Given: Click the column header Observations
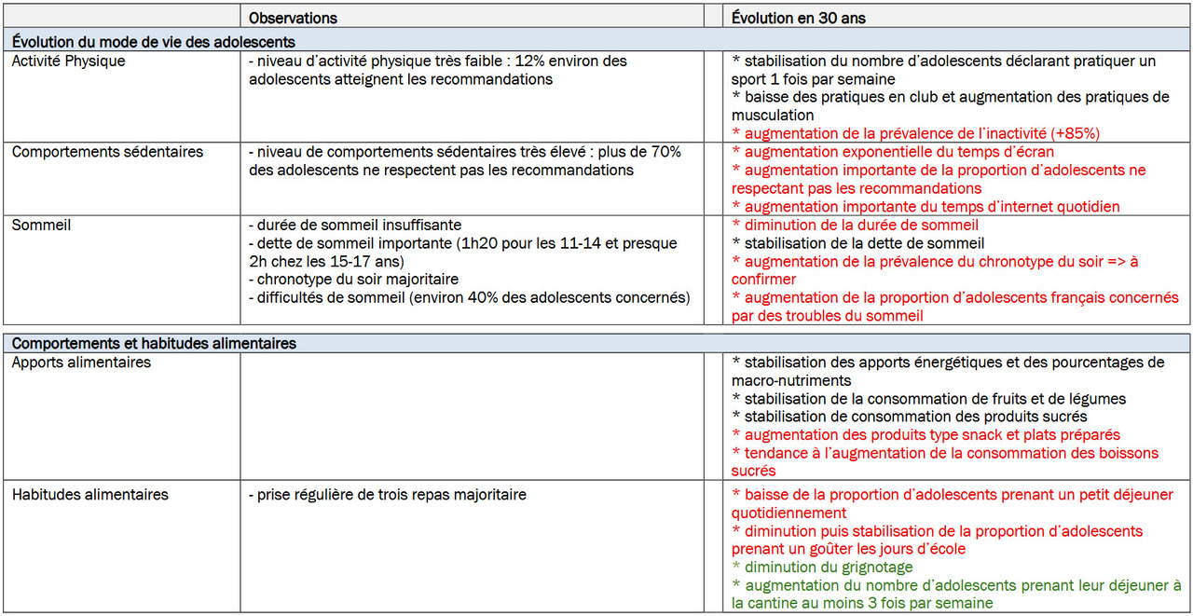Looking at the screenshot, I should tap(293, 18).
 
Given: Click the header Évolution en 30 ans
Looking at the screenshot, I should tap(799, 18).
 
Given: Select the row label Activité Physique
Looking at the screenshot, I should tap(68, 62).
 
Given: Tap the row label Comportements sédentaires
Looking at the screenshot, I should tap(107, 152).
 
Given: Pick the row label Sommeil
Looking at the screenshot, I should tap(41, 226).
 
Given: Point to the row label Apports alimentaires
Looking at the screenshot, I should tap(81, 363).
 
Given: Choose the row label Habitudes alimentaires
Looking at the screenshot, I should tap(90, 495).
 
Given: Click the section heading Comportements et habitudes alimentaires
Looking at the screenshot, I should tap(154, 344).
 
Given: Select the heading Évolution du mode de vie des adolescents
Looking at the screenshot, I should tap(154, 42).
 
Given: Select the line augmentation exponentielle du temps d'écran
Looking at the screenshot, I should tap(898, 152).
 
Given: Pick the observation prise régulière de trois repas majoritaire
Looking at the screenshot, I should tap(387, 495).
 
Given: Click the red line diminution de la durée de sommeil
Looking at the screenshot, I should tap(860, 226).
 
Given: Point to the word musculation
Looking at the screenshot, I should tap(773, 116).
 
